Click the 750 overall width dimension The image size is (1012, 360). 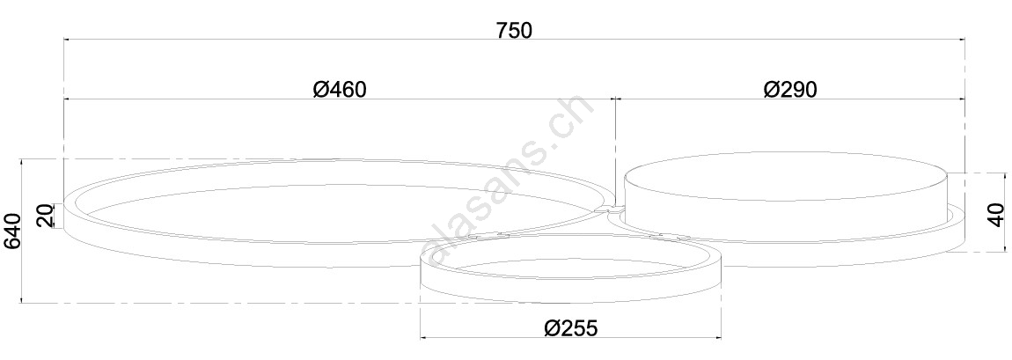click(x=515, y=30)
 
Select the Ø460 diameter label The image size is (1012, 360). click(x=340, y=89)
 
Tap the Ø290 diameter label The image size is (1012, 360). click(x=790, y=89)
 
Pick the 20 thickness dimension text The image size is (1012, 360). click(x=44, y=217)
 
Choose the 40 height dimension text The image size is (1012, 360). click(x=996, y=214)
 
